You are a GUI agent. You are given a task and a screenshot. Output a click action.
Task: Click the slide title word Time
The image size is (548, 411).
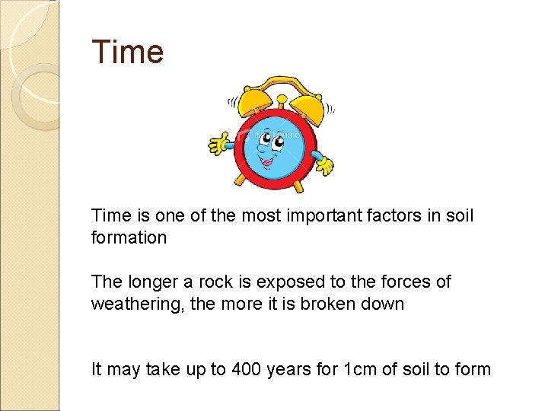(127, 52)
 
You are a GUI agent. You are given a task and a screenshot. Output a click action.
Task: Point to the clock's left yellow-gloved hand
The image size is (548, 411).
(220, 142)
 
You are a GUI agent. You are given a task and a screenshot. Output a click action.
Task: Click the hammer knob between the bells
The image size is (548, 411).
(282, 99)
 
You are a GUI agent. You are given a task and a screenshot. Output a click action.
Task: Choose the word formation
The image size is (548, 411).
(129, 237)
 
